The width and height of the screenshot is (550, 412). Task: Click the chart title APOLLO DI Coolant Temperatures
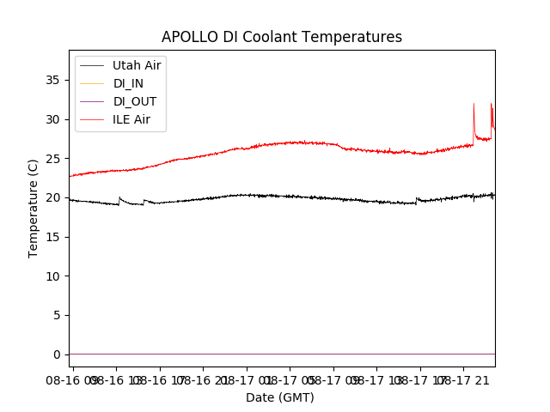(282, 37)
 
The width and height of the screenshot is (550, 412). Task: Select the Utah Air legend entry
(137, 65)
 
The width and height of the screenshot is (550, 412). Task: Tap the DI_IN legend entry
(128, 83)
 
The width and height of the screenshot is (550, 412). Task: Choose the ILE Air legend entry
(131, 119)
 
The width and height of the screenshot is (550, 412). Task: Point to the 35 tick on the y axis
(53, 80)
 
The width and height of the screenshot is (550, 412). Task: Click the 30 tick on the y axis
(53, 119)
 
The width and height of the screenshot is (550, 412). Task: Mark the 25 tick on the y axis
(53, 159)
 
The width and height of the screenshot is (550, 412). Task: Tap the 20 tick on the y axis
(53, 197)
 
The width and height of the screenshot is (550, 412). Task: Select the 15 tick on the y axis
(53, 237)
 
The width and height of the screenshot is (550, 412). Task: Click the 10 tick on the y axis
(53, 276)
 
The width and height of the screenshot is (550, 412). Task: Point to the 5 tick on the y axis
(57, 315)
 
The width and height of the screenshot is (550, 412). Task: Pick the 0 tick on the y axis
(57, 354)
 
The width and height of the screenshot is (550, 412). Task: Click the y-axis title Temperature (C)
(34, 208)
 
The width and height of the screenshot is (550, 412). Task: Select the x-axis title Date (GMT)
(280, 397)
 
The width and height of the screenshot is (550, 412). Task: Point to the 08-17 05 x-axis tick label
(290, 379)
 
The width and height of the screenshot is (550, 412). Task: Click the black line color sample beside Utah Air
(92, 65)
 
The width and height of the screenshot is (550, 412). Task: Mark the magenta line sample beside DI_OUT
(92, 101)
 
